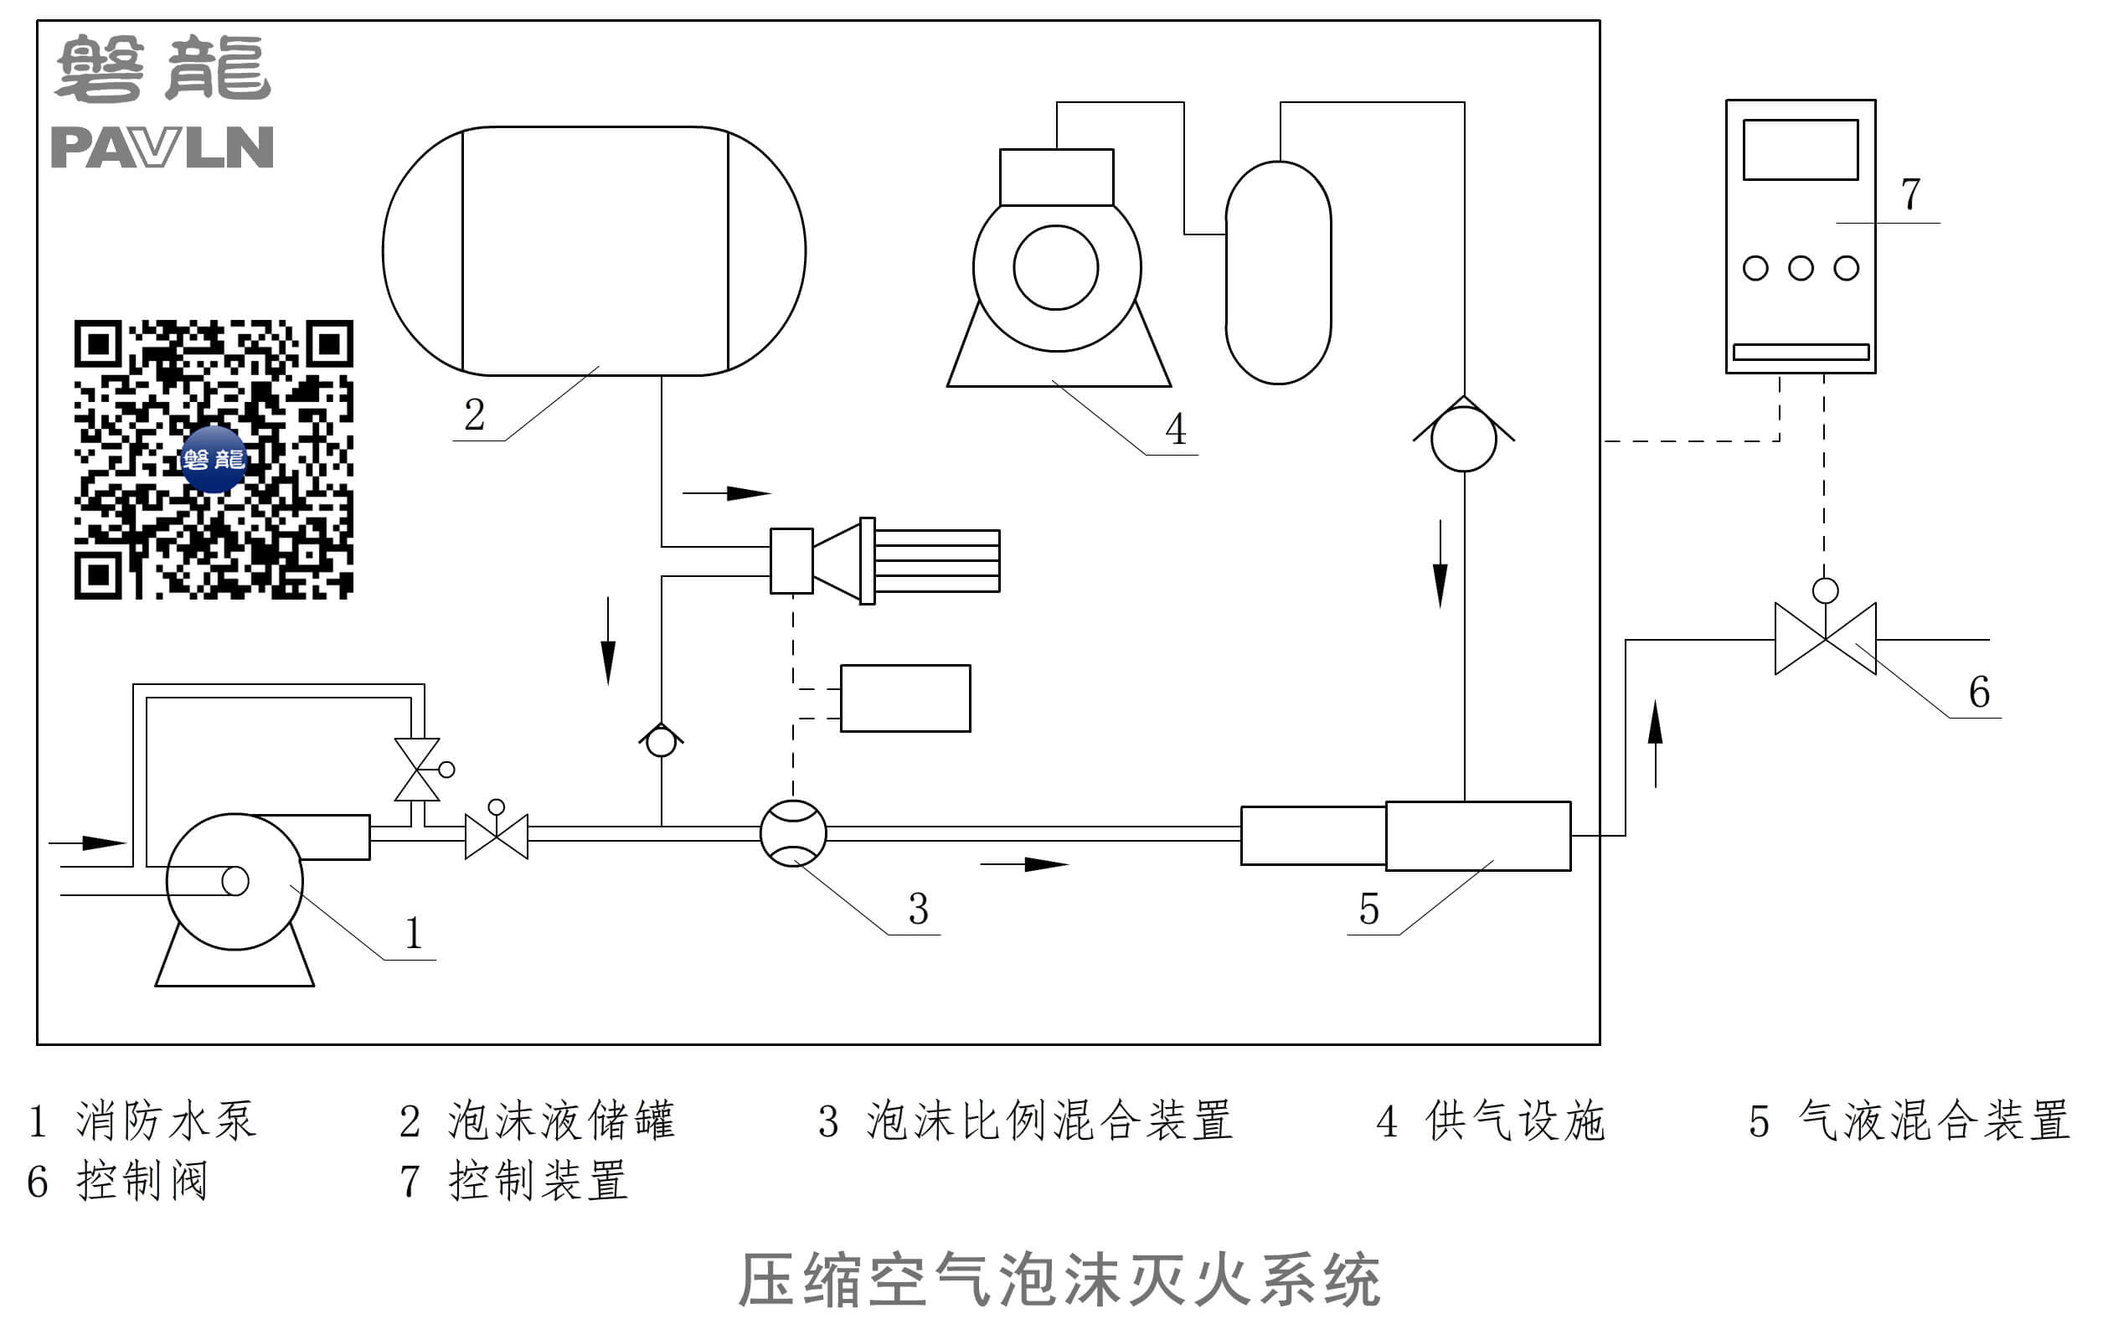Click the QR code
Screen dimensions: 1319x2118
[x=214, y=459]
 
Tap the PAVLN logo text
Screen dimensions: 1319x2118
[x=162, y=147]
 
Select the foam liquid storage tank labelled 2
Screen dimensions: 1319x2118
[x=594, y=251]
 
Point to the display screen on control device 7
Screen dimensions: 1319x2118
[x=1800, y=150]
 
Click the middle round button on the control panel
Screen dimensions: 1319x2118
[x=1801, y=268]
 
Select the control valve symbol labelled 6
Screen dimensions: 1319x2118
[x=1825, y=638]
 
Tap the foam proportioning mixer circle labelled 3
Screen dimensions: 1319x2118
[x=793, y=833]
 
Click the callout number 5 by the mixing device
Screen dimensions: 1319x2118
[x=1368, y=909]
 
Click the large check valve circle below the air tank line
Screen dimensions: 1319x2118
[x=1464, y=439]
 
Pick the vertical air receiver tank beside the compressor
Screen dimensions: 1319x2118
[x=1278, y=272]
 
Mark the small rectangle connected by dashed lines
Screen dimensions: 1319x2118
[x=904, y=698]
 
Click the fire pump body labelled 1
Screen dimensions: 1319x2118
[x=234, y=881]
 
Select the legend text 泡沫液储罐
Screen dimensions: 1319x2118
[x=561, y=1121]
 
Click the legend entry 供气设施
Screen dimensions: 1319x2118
[x=1515, y=1121]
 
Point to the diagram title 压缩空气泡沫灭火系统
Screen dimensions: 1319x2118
[x=1059, y=1280]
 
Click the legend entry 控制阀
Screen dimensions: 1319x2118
[x=142, y=1181]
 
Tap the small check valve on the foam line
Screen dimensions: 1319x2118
[x=662, y=741]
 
